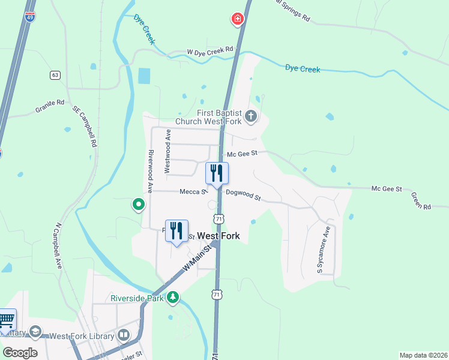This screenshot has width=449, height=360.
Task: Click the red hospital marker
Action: point(238,20)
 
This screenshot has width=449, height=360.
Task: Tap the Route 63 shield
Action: point(55,75)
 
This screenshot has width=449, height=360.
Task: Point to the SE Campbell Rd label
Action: point(85,127)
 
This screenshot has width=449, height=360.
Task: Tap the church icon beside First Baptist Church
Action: point(251,116)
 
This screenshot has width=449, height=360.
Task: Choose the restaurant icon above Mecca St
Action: point(217,173)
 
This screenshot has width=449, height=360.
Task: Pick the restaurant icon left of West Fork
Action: point(176,230)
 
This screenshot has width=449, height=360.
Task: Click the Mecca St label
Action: point(193,192)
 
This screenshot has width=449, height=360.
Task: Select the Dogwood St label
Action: point(243,195)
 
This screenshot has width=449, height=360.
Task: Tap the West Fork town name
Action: point(218,236)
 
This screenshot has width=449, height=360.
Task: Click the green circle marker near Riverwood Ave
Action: point(139,205)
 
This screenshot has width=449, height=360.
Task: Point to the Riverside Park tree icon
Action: point(173,296)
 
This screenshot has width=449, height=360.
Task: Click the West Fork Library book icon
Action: point(123,335)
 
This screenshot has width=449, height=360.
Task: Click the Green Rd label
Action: point(421,200)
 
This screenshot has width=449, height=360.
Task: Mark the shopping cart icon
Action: point(6,319)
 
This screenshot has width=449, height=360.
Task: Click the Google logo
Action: point(20,353)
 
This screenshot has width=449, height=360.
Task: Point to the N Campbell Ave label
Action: point(59,246)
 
